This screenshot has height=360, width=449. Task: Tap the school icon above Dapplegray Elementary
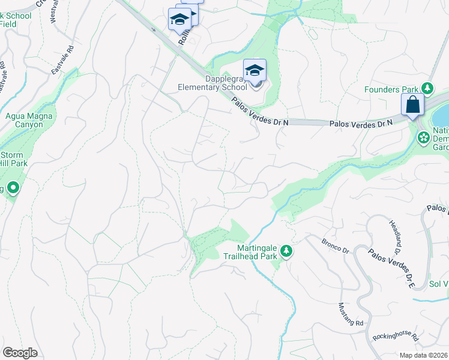coord(255,70)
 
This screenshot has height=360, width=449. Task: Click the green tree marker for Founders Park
coord(427,89)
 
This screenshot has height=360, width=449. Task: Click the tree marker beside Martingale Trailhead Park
coord(287,251)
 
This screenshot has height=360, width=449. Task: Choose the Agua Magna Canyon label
coord(24,120)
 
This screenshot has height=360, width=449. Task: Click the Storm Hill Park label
coord(14,158)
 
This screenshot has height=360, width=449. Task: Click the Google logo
coord(20,353)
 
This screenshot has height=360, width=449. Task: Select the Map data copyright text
coord(423,355)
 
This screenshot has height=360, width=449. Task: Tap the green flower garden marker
coord(423,138)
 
